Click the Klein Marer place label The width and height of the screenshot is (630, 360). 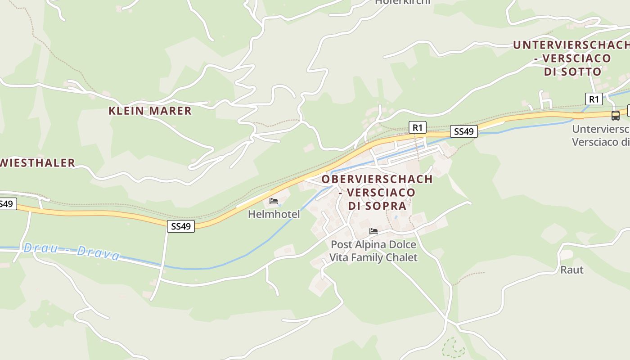150,111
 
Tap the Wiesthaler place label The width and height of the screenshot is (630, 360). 37,163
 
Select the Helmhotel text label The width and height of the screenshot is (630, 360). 274,214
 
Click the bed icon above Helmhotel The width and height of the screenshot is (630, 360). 274,201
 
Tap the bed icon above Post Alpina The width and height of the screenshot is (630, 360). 373,231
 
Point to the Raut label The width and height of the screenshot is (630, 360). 571,270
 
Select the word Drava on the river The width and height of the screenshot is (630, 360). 98,253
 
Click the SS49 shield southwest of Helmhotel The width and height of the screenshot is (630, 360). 181,226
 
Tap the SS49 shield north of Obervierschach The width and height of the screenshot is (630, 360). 463,131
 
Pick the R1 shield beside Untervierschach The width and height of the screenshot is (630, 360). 594,99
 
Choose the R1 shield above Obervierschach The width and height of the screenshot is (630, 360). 417,128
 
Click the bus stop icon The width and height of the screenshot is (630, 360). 615,115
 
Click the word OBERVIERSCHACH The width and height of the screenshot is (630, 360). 377,179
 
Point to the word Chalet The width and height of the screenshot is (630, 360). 400,258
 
